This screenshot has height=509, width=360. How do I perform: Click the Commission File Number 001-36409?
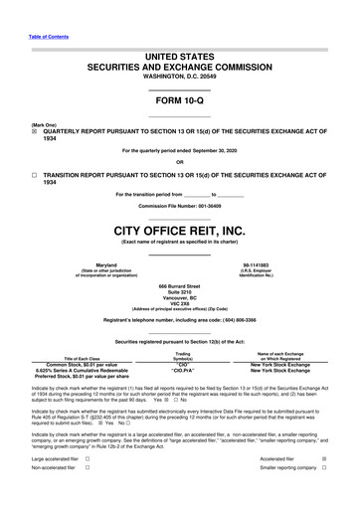pos(223,205)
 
